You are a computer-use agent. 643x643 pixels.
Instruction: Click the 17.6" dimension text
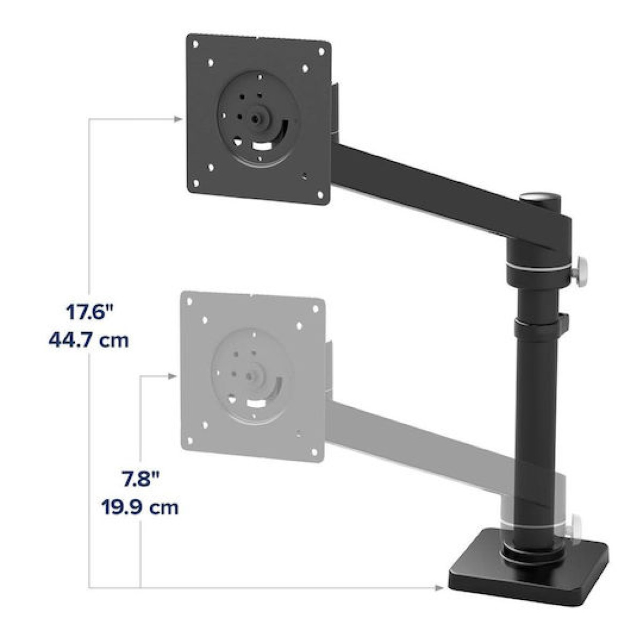(89, 312)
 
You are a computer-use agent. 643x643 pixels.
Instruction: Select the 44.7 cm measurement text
(89, 340)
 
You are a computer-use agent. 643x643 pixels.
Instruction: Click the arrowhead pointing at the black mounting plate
(177, 118)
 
